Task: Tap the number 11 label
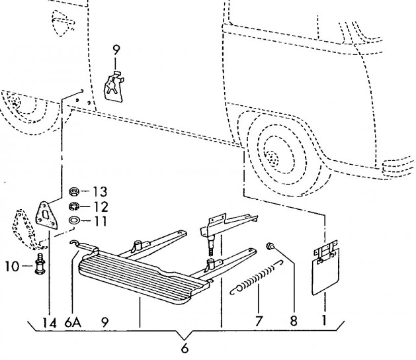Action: click(99, 220)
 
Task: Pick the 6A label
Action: click(73, 324)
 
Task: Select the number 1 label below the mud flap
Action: click(324, 324)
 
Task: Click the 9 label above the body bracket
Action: click(116, 48)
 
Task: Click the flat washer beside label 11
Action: click(75, 220)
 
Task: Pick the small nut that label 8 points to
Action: click(270, 247)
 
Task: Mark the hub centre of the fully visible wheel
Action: click(271, 157)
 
